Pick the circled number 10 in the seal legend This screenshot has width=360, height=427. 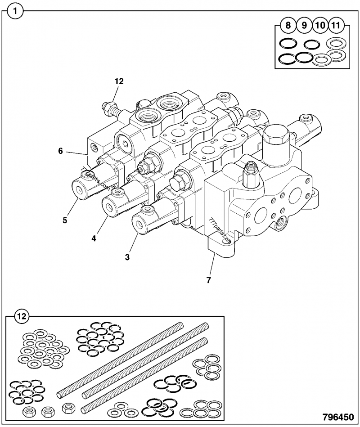(319, 25)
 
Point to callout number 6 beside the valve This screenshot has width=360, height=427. (60, 151)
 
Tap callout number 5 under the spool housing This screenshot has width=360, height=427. (65, 220)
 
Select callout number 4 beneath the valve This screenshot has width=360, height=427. (94, 238)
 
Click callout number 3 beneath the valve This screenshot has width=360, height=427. (127, 257)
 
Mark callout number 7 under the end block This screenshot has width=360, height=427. (208, 280)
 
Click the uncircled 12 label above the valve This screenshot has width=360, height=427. (119, 81)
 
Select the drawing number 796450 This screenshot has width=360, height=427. (337, 417)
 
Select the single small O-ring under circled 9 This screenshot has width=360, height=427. (311, 45)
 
